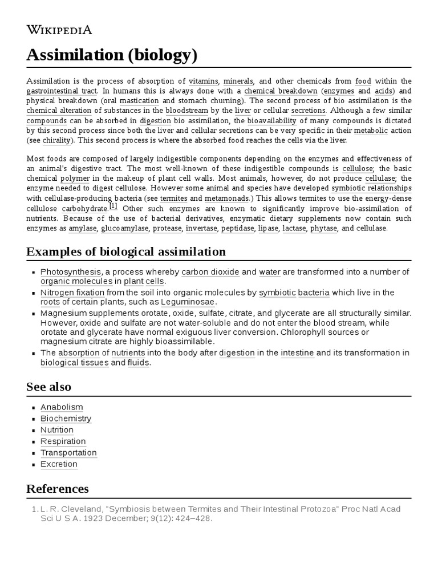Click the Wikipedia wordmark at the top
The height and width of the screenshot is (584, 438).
pos(59,30)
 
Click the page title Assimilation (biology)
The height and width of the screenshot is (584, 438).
pos(112,55)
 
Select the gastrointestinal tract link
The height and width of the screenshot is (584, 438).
pos(62,91)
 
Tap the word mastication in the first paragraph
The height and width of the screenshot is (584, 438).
pos(139,101)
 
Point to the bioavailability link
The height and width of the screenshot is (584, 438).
pos(271,120)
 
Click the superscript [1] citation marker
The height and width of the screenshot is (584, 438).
pos(113,206)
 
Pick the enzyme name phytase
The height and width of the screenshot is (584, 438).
pos(324,228)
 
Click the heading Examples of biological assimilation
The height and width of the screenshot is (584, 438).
pos(126,252)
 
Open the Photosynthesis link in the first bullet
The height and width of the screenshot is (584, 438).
pos(71,272)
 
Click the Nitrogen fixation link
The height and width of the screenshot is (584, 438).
pos(72,293)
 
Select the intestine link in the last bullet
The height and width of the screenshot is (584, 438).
pos(297,353)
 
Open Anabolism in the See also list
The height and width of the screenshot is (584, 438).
pos(62,407)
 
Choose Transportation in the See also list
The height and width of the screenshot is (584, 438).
pos(68,453)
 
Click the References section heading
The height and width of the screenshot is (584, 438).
pos(58,489)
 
